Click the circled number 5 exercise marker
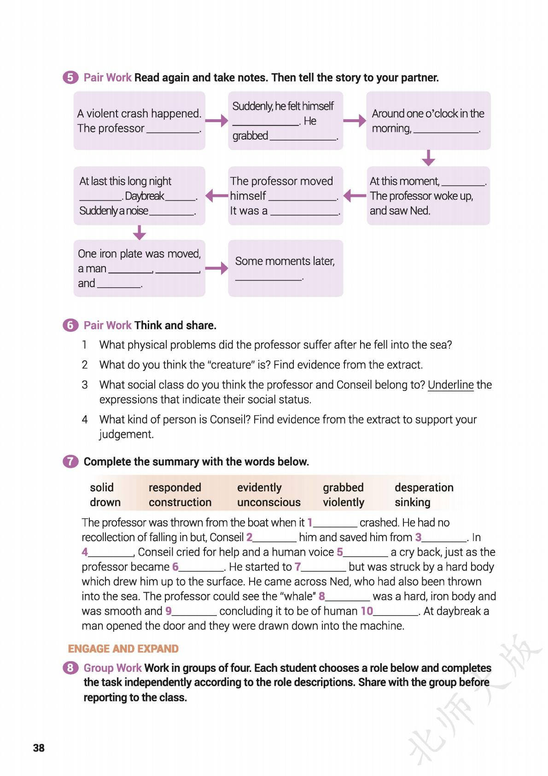click(70, 77)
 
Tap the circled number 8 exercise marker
click(70, 668)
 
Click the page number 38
click(39, 748)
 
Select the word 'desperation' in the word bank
click(424, 488)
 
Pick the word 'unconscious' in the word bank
click(268, 502)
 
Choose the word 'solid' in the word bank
click(101, 488)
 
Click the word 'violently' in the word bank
click(343, 502)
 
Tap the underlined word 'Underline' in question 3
click(450, 385)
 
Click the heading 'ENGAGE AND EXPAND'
click(123, 649)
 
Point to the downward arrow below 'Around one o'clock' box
click(428, 158)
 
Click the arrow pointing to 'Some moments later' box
click(216, 268)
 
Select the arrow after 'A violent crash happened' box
click(216, 121)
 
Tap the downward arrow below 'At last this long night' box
click(139, 232)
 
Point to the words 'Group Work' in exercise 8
click(112, 668)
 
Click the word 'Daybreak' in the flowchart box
click(144, 196)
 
